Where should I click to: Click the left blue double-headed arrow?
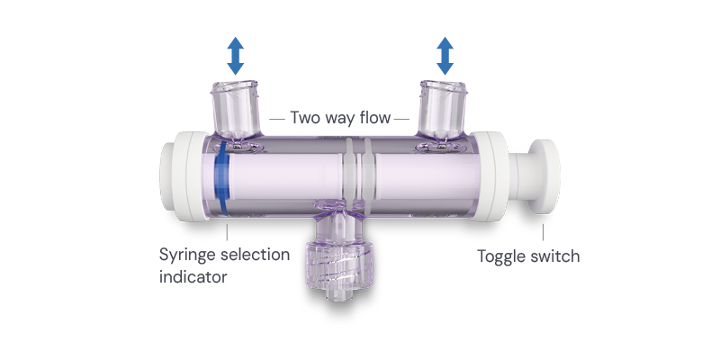click(x=235, y=56)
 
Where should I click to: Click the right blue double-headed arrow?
click(x=445, y=56)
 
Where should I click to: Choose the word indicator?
click(x=193, y=276)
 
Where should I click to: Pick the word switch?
click(x=556, y=256)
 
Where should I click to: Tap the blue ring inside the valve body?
click(x=220, y=180)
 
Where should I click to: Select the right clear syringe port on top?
click(x=444, y=108)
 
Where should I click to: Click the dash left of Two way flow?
click(x=277, y=118)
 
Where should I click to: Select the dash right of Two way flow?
click(x=401, y=118)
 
